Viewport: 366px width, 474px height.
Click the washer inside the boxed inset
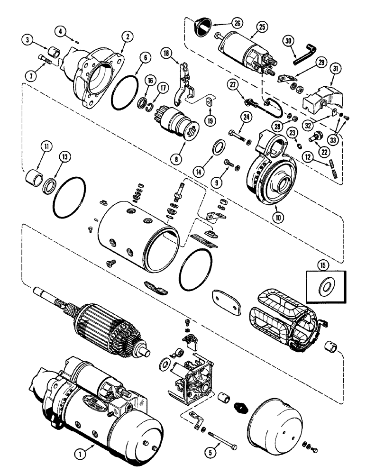(x=326, y=286)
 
